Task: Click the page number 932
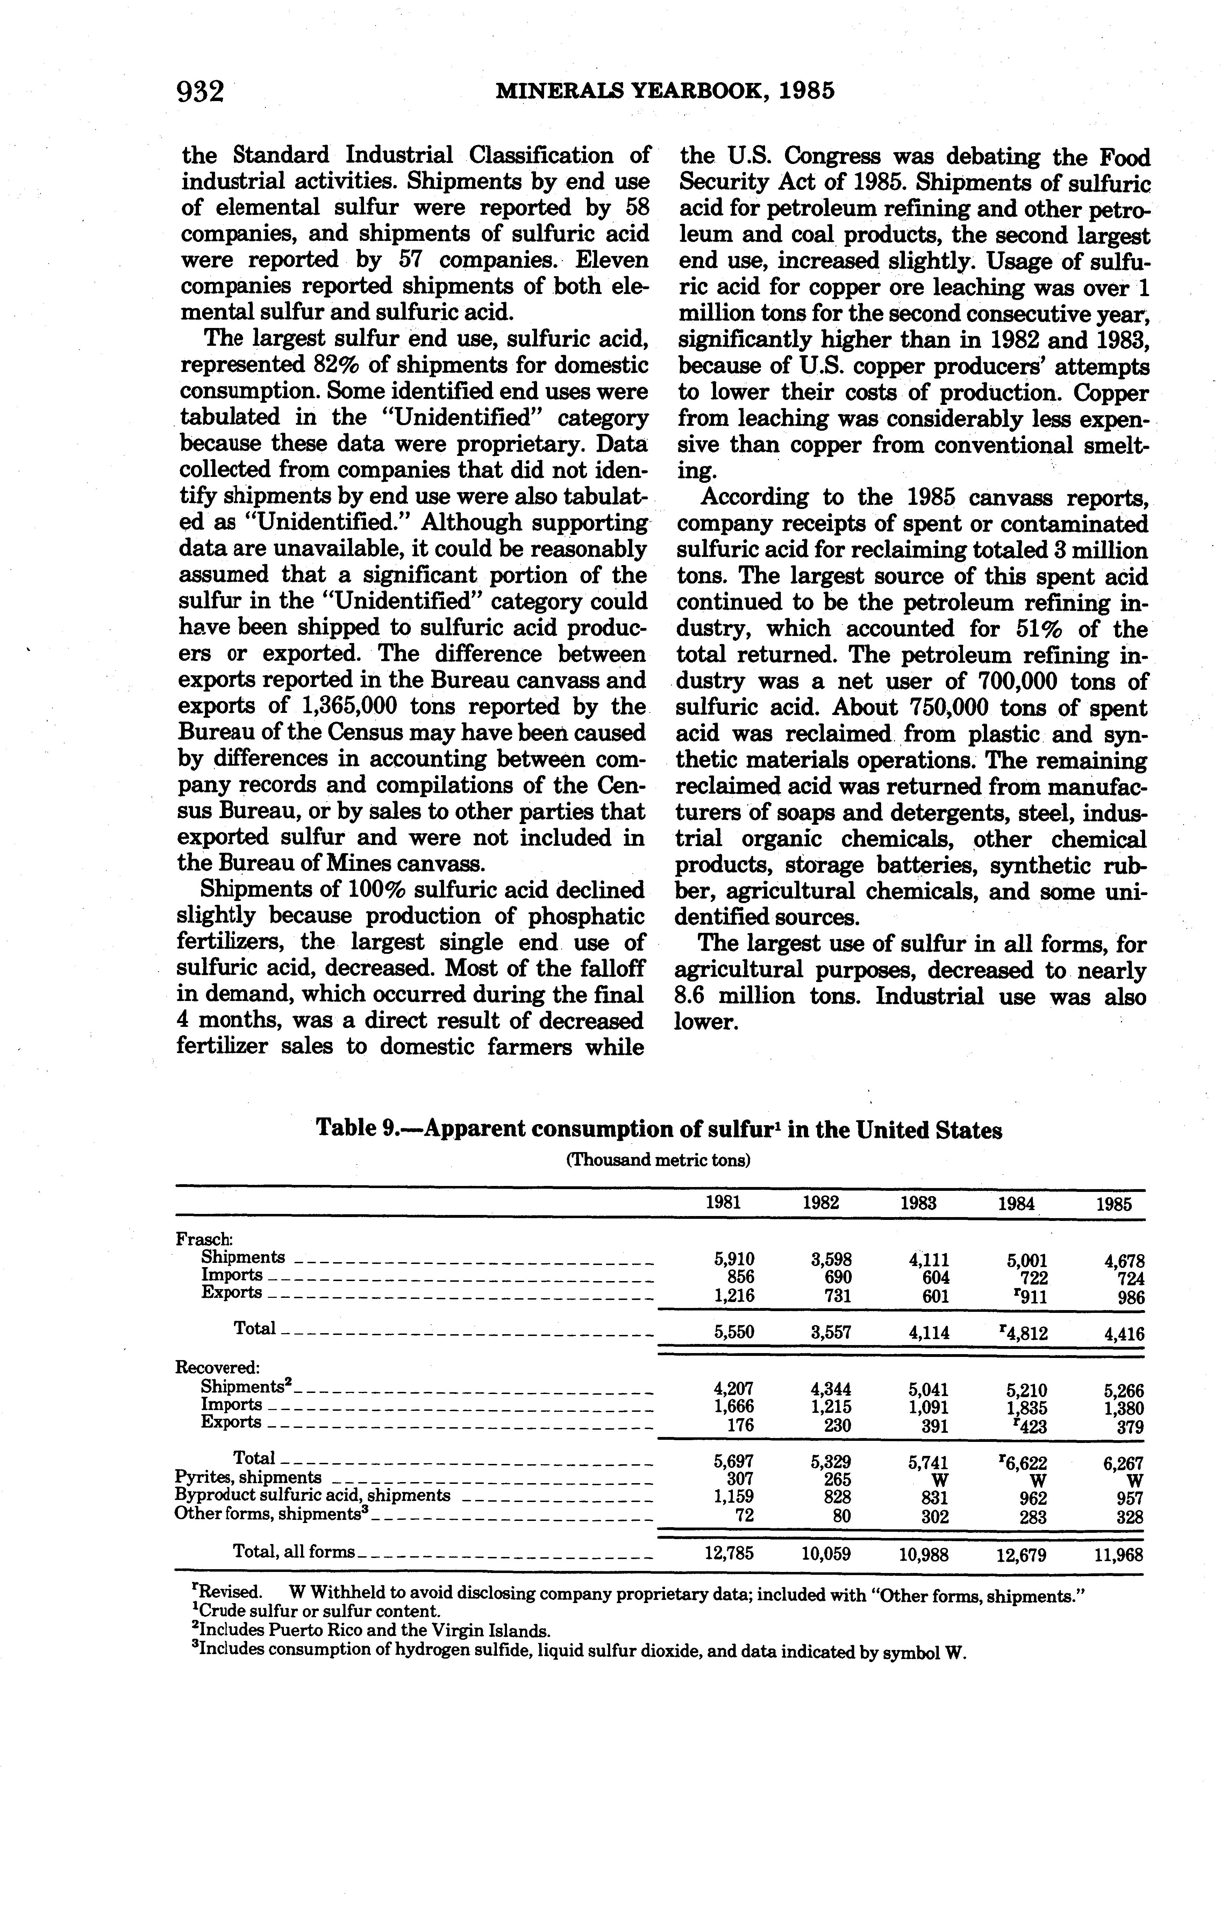pos(201,92)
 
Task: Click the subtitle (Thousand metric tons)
pos(658,1160)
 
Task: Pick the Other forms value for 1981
pos(743,1516)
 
